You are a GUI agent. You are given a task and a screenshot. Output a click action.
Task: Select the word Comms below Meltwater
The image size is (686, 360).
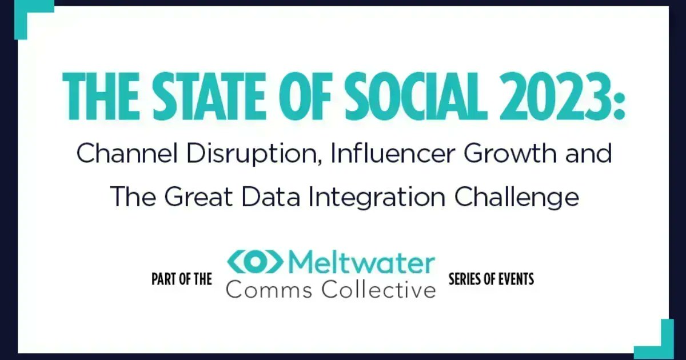click(269, 289)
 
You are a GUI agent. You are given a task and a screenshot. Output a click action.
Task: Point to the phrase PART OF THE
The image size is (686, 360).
click(182, 279)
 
